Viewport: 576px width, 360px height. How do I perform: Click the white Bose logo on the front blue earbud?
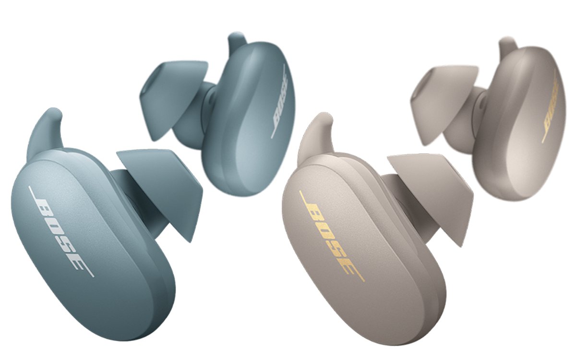61,231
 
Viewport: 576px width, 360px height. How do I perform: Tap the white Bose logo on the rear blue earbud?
279,102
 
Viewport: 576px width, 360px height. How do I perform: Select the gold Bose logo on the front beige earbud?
332,236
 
